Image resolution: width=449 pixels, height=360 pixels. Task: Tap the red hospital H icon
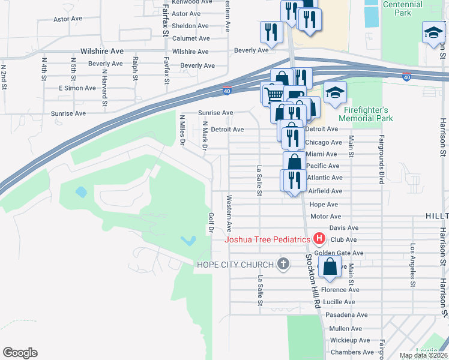tap(319, 239)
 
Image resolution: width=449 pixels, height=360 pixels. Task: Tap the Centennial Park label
tap(402, 8)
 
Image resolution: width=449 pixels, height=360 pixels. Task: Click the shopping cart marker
tap(274, 94)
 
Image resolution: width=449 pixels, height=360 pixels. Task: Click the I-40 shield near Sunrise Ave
tap(227, 91)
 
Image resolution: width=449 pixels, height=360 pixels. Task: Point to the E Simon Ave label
tap(77, 88)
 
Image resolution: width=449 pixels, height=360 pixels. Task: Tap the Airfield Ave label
tap(325, 191)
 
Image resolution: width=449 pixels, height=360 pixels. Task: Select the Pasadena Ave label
tap(346, 314)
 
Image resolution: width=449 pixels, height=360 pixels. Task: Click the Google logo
tap(20, 353)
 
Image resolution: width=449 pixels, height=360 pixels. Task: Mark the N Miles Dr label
tap(182, 131)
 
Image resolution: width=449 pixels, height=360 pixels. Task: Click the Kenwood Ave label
tap(192, 2)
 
